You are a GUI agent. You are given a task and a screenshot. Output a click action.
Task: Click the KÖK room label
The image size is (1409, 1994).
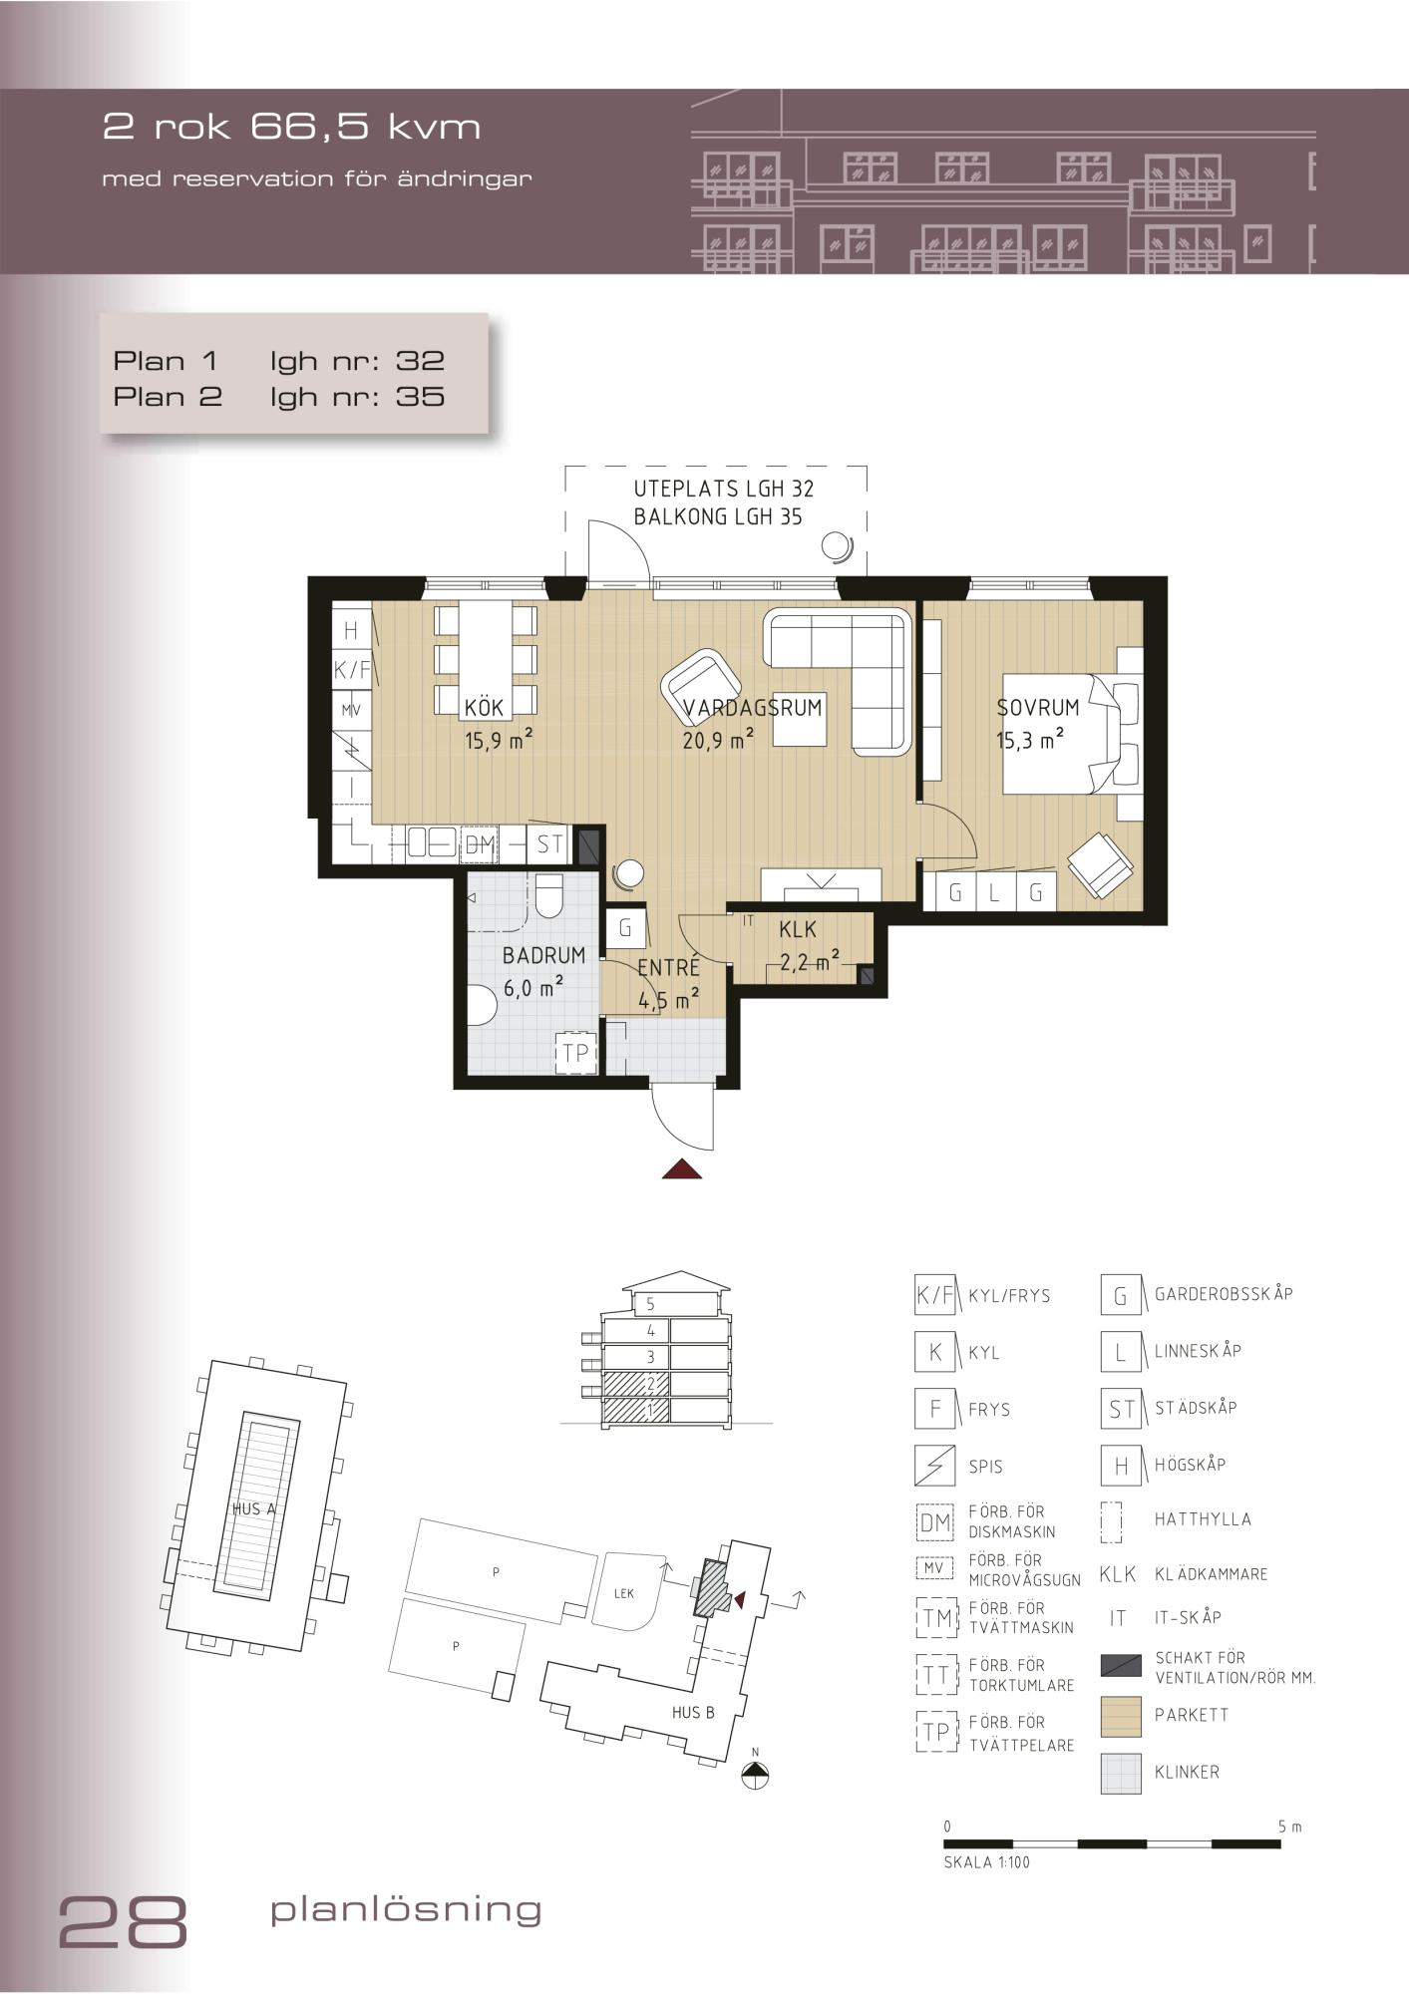point(484,708)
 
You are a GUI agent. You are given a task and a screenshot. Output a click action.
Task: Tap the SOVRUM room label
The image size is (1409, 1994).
point(1038,708)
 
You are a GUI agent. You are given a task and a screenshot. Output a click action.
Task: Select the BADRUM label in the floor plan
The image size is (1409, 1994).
point(543,955)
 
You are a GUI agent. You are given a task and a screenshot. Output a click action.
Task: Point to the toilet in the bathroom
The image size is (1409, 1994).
point(549,896)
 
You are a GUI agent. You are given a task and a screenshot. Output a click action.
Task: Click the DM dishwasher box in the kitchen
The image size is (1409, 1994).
point(480,844)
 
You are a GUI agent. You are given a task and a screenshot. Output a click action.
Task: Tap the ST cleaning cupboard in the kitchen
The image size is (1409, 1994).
point(549,844)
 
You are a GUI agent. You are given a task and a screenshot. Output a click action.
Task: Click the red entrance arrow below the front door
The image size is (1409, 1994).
point(682,1168)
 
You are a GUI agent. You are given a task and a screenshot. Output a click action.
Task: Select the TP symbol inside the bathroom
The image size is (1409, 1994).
point(575,1052)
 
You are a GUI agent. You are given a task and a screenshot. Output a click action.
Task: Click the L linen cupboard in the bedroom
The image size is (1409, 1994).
point(994,892)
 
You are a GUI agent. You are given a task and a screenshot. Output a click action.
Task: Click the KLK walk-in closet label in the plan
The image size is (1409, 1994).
point(798,929)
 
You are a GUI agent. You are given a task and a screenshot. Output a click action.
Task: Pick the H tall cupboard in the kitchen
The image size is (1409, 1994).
point(350,630)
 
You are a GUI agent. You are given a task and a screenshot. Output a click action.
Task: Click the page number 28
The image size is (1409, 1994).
point(124,1920)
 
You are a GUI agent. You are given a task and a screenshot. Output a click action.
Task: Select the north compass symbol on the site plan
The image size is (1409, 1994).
point(757,1775)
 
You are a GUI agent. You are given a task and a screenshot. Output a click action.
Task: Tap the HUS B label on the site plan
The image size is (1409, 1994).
point(693,1713)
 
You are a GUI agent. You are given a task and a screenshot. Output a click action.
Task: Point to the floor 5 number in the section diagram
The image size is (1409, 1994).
point(650,1304)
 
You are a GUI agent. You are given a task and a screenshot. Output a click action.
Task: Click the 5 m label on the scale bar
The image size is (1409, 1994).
point(1289,1828)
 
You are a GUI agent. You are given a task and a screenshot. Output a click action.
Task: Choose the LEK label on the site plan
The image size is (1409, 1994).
point(624,1593)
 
